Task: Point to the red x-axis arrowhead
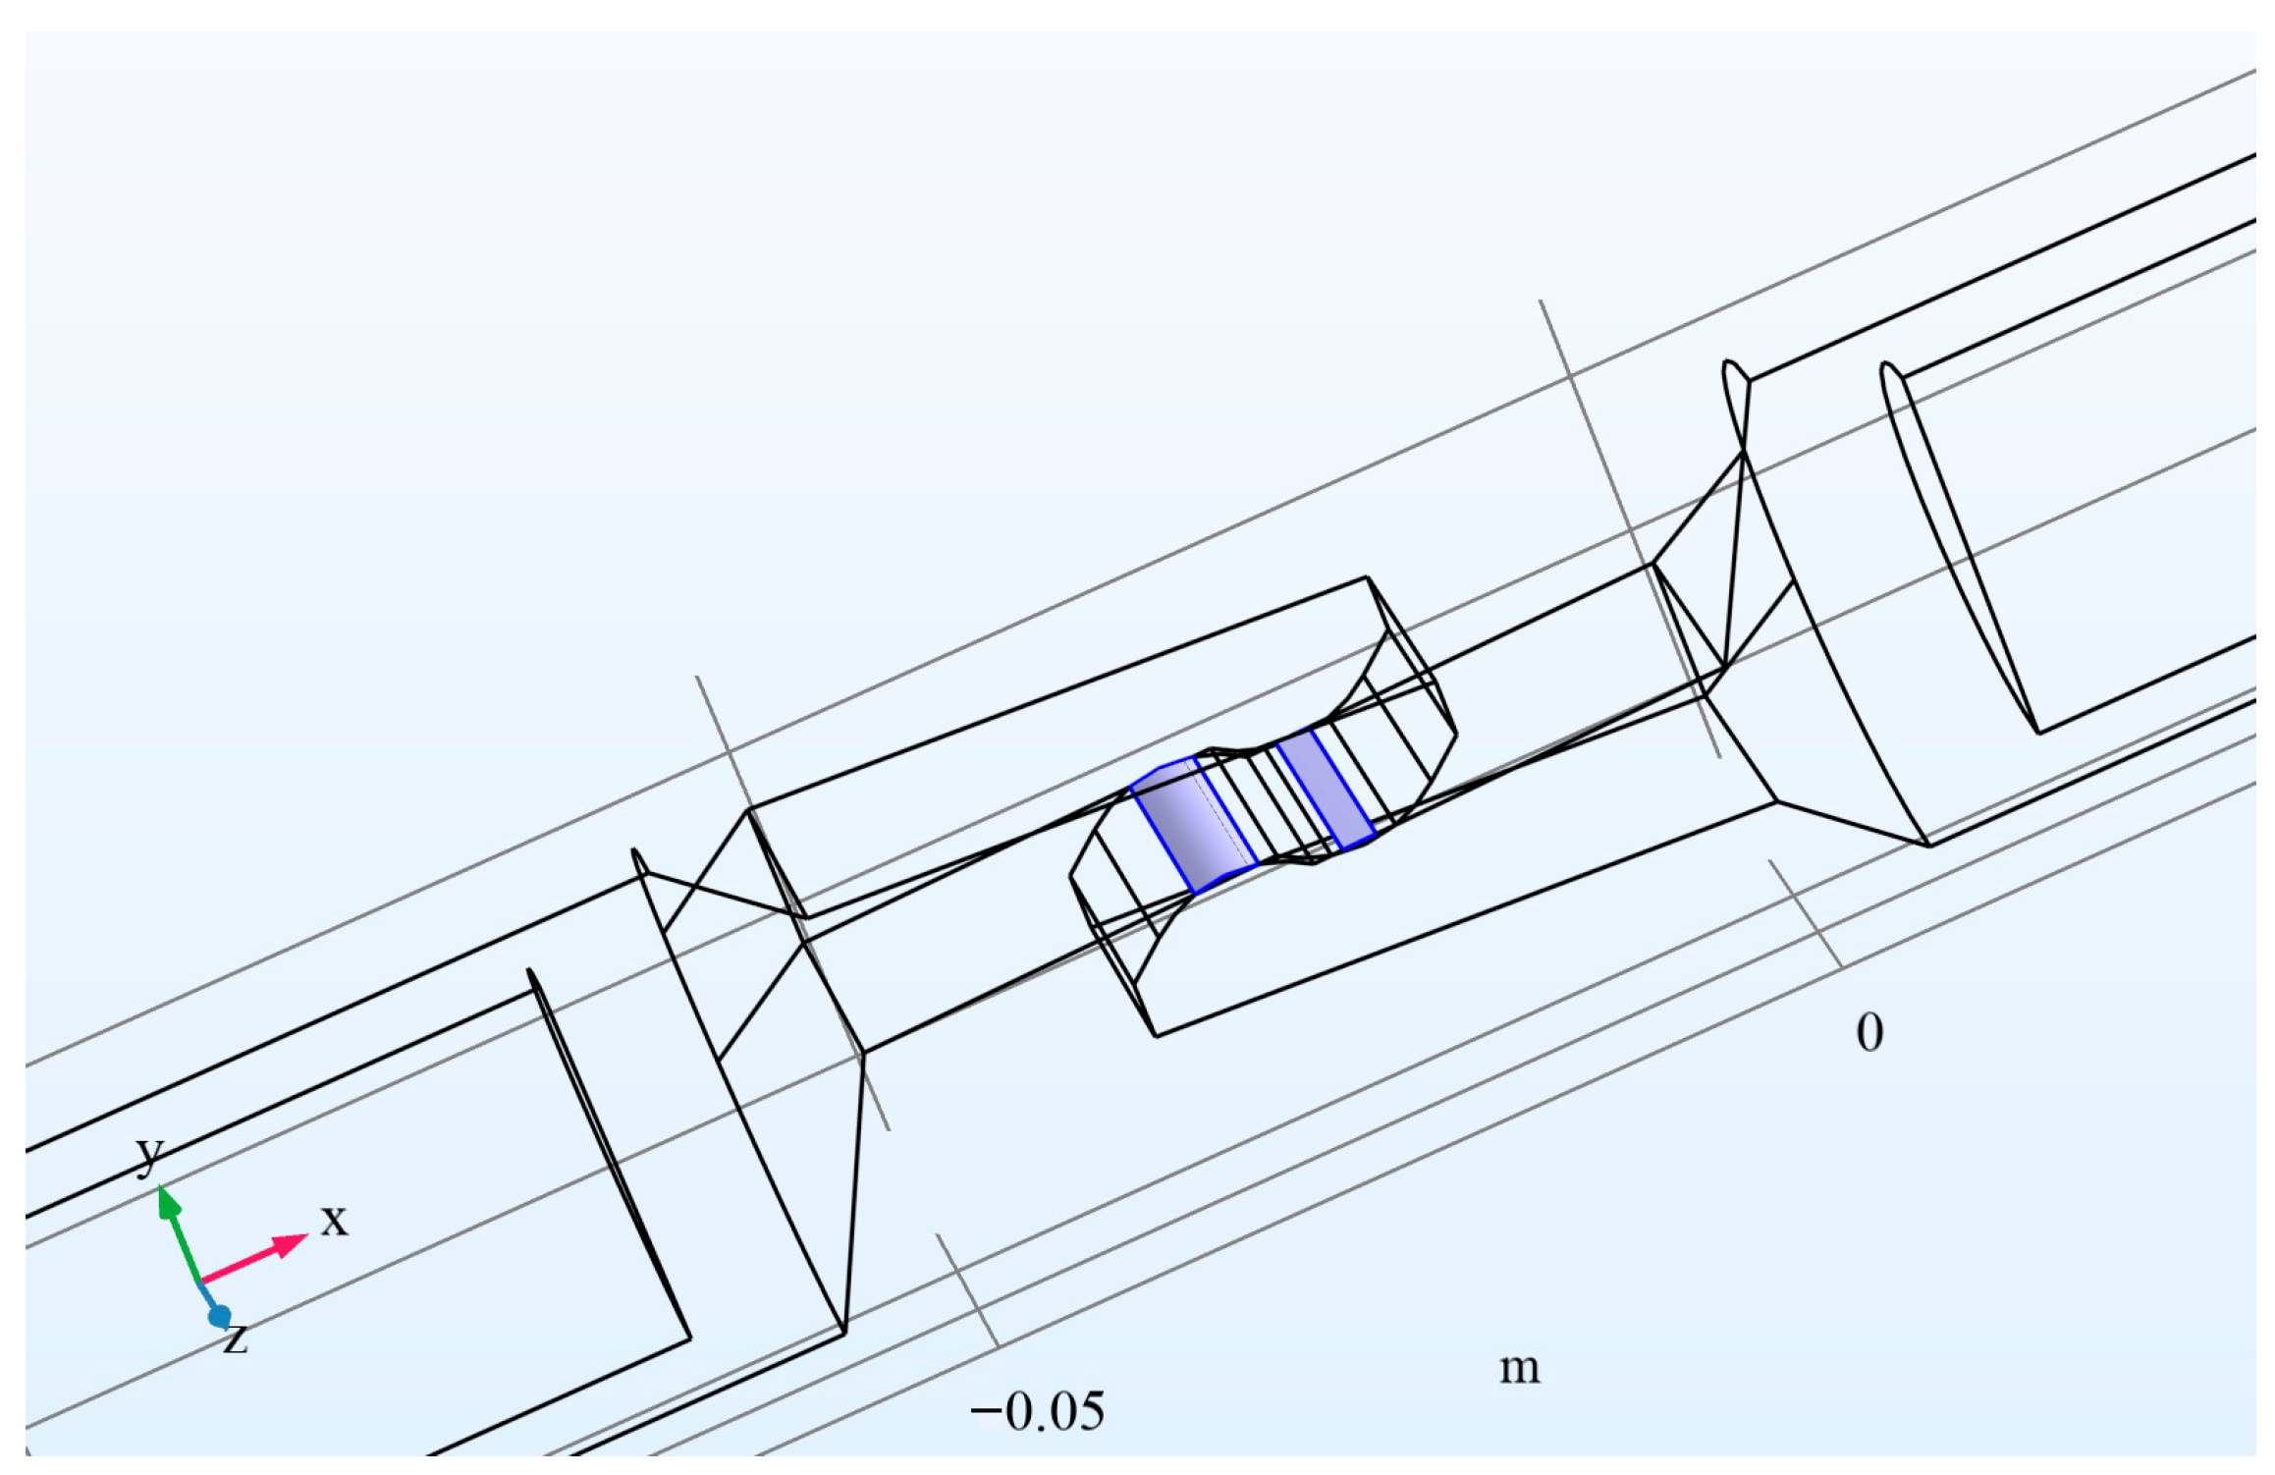pyautogui.click(x=291, y=1244)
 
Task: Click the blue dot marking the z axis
pyautogui.click(x=219, y=1316)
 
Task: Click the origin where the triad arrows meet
pyautogui.click(x=200, y=1282)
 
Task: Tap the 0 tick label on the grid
pyautogui.click(x=1869, y=1033)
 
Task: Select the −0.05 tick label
pyautogui.click(x=1038, y=1412)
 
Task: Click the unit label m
pyautogui.click(x=1519, y=1367)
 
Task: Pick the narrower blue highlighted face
pyautogui.click(x=1326, y=790)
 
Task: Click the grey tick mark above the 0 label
pyautogui.click(x=1805, y=913)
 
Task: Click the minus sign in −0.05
pyautogui.click(x=985, y=1412)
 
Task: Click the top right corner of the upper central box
pyautogui.click(x=1367, y=577)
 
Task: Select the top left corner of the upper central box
pyautogui.click(x=749, y=809)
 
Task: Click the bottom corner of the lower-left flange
pyautogui.click(x=844, y=1334)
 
